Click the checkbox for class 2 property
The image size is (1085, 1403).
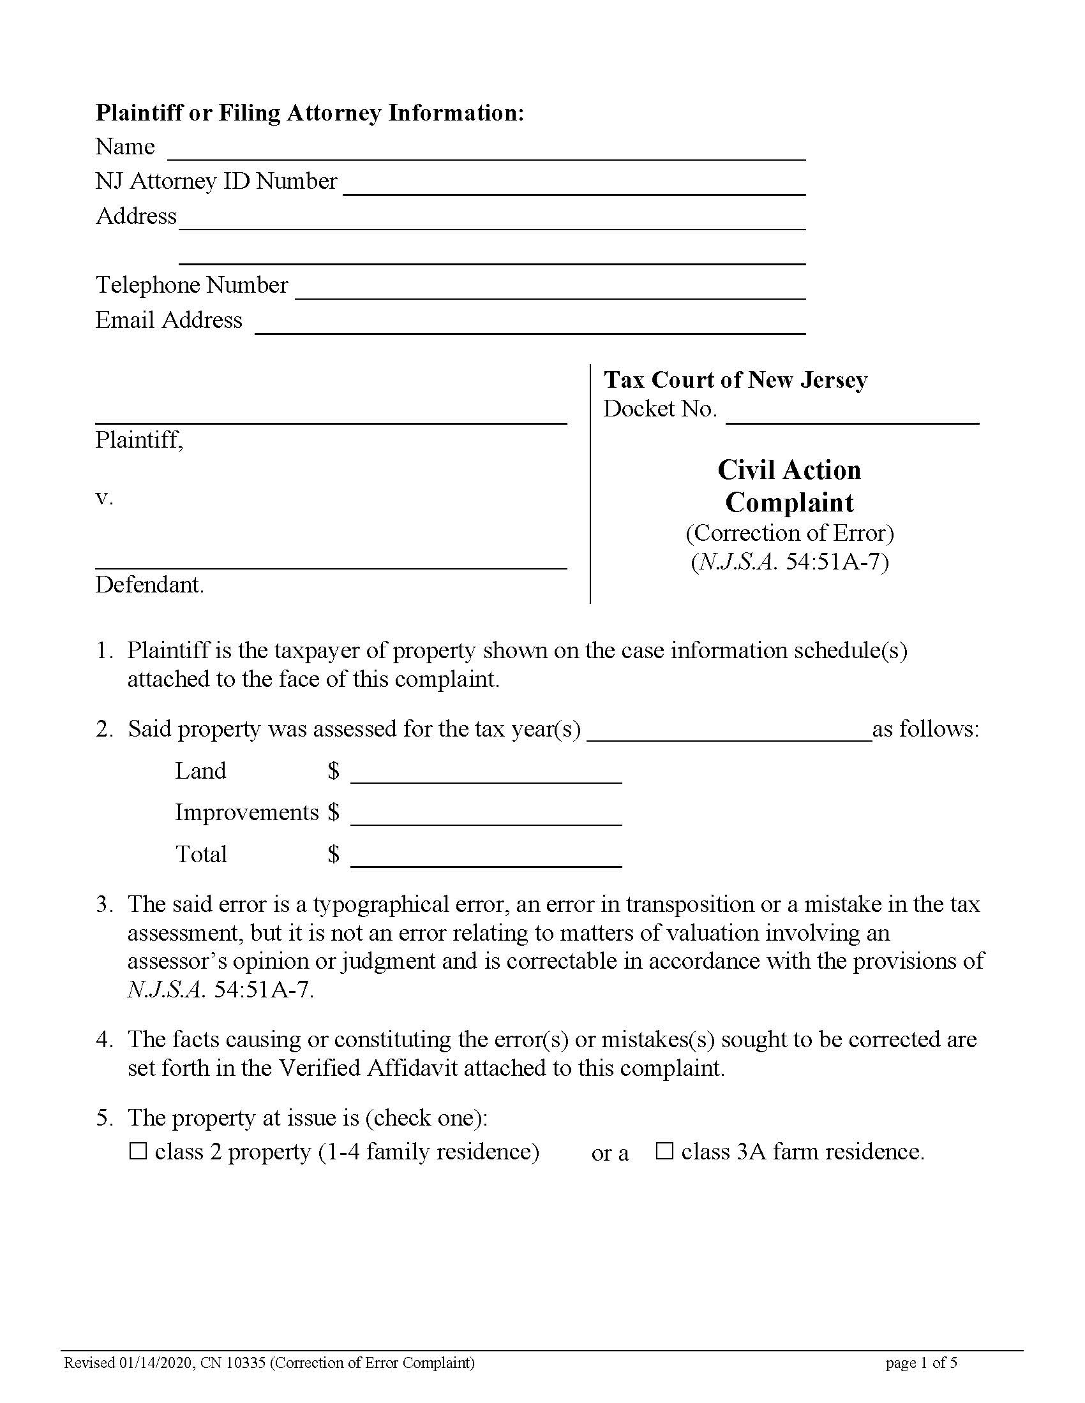click(x=138, y=1151)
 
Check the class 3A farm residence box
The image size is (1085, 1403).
click(x=664, y=1151)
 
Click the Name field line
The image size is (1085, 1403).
click(x=486, y=152)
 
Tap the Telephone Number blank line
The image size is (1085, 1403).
click(x=550, y=290)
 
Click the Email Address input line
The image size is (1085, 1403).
click(x=530, y=326)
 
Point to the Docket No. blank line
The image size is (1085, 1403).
click(x=851, y=416)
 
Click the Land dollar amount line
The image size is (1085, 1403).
click(x=486, y=775)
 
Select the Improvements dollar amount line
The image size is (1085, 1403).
click(x=486, y=816)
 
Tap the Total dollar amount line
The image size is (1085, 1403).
click(x=486, y=858)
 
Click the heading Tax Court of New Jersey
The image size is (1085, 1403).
click(x=735, y=379)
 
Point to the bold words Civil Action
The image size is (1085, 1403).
click(x=789, y=470)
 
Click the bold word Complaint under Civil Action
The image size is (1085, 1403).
click(x=789, y=503)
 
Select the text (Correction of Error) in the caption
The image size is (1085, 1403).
click(x=789, y=533)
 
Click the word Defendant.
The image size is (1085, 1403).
click(x=149, y=585)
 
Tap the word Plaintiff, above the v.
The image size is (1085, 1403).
click(x=139, y=440)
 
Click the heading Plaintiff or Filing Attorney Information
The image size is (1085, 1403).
click(x=310, y=113)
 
